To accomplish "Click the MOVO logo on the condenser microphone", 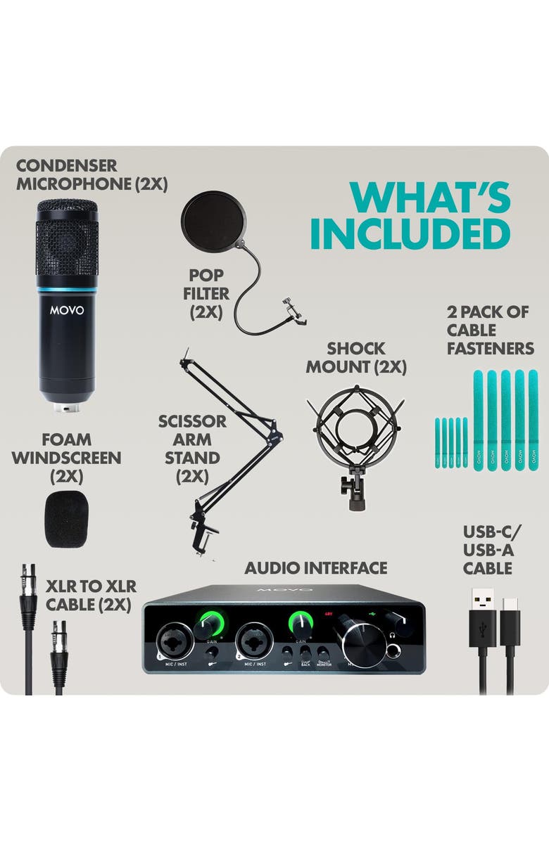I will pos(67,309).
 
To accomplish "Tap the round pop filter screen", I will pos(215,222).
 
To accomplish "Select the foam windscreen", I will pos(67,521).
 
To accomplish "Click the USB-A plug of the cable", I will pos(482,619).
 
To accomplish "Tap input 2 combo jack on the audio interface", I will pos(256,637).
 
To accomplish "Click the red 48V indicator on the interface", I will pos(328,612).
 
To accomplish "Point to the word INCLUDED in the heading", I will pos(410,234).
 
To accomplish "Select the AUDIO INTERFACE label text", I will pos(315,567).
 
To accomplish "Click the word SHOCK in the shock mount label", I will pos(355,348).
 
